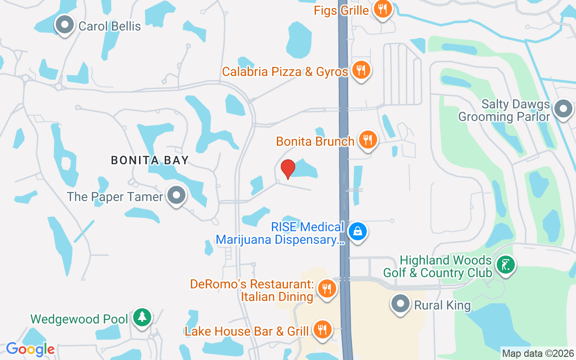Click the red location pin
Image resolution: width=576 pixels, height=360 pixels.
click(x=288, y=169)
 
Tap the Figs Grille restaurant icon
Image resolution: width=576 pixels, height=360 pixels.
click(x=382, y=9)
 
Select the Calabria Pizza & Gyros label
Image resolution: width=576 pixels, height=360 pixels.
click(x=285, y=72)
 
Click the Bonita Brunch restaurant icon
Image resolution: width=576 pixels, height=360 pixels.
click(x=368, y=139)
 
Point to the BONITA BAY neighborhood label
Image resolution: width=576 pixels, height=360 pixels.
click(x=150, y=160)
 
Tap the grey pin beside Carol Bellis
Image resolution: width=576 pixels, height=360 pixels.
click(x=65, y=25)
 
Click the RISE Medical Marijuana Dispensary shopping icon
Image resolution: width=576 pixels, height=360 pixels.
click(x=358, y=232)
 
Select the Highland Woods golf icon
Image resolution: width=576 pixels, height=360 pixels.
click(x=506, y=264)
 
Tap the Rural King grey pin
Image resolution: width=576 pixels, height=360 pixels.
click(x=400, y=304)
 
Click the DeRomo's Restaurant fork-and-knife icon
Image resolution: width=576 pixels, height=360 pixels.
click(x=327, y=288)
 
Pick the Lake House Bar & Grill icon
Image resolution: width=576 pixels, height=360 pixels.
click(x=322, y=330)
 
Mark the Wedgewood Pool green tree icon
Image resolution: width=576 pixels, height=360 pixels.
click(x=142, y=318)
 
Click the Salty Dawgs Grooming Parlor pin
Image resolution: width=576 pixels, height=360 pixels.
click(x=563, y=109)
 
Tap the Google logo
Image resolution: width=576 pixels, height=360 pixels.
click(x=30, y=349)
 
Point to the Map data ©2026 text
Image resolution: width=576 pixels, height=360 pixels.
click(x=538, y=354)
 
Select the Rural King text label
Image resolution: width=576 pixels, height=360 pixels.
click(x=442, y=306)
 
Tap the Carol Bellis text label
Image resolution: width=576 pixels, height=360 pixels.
click(x=109, y=26)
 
